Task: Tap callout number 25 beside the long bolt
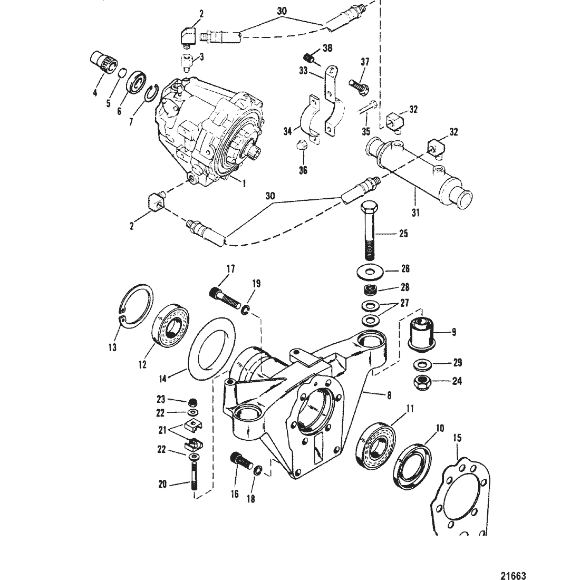click(403, 234)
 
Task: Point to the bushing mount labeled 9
click(421, 332)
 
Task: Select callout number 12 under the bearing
click(142, 364)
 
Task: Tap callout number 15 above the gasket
click(457, 438)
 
